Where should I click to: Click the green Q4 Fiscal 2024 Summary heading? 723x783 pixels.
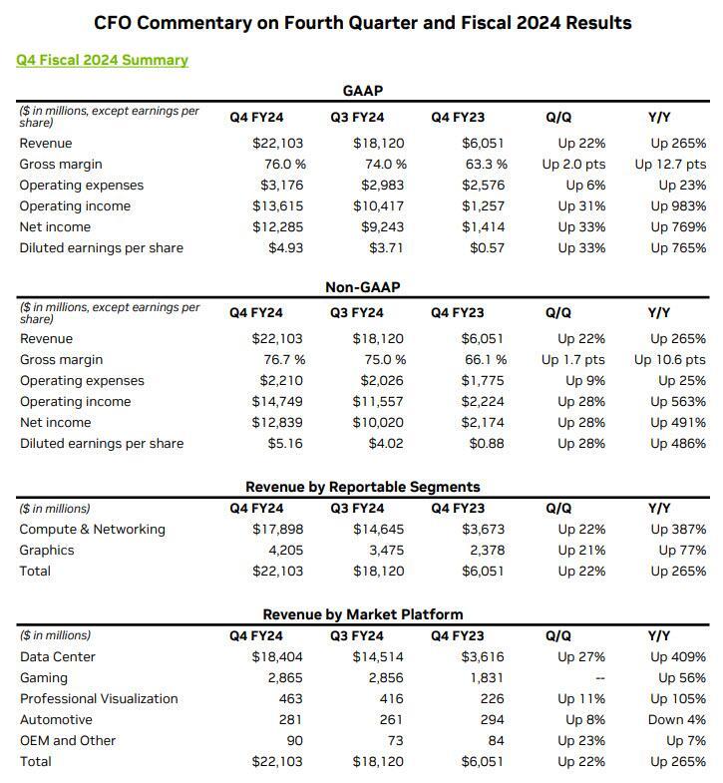click(x=102, y=60)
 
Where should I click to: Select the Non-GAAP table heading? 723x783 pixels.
click(x=362, y=287)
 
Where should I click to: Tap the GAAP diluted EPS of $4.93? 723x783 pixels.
click(x=285, y=248)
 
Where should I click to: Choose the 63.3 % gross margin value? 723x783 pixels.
click(x=486, y=165)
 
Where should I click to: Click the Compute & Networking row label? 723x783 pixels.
click(x=92, y=530)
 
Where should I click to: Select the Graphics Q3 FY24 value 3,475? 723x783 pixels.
click(x=386, y=551)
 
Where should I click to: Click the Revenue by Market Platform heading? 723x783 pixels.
click(x=362, y=614)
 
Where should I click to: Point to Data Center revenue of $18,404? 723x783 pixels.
click(x=277, y=657)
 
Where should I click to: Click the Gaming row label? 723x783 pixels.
click(x=44, y=678)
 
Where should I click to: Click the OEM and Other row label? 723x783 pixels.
click(x=68, y=741)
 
